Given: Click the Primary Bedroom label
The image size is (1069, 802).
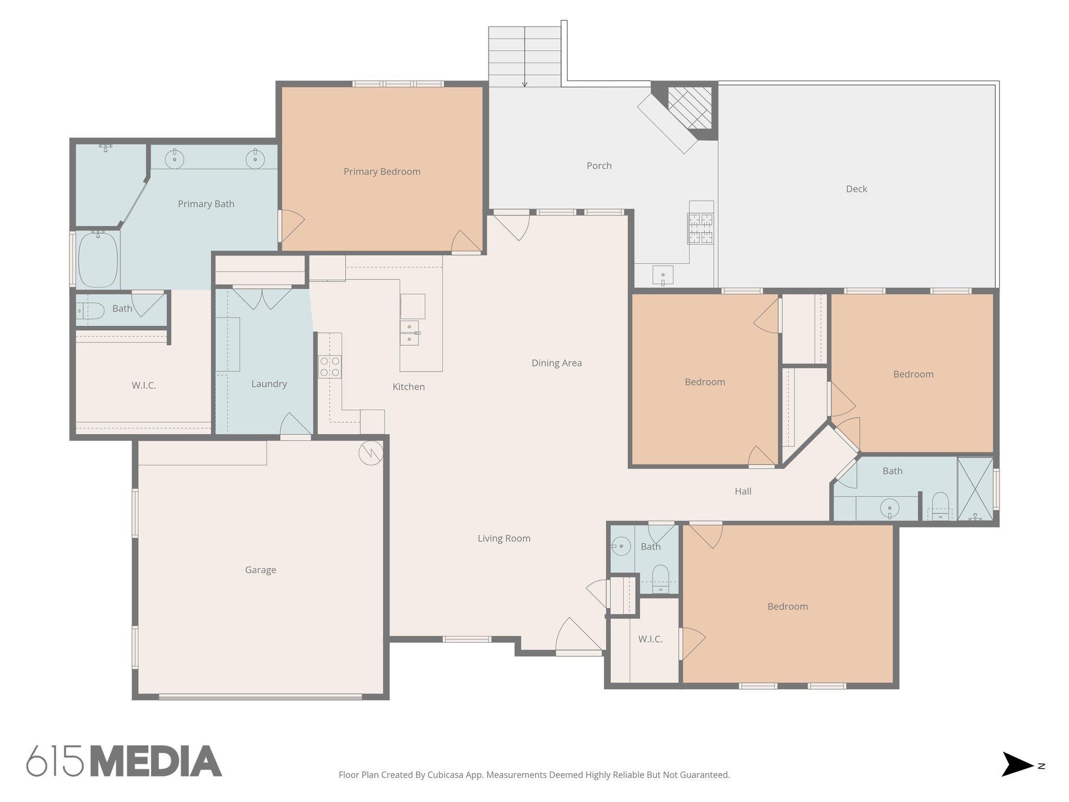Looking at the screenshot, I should pos(382,172).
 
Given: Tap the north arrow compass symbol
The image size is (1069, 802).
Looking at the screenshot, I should pos(1018,765).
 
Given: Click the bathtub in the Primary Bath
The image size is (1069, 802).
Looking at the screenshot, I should pos(98,260).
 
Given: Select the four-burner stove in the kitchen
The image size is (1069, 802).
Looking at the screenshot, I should pos(330,367).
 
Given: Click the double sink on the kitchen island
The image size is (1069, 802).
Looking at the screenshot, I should pos(409,333).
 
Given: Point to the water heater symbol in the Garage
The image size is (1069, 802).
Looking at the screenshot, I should pos(371,453).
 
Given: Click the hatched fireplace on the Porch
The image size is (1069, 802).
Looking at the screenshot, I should pos(690,108).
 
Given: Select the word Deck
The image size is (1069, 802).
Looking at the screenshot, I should pos(856,189).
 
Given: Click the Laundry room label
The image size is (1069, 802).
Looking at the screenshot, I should pos(269,384).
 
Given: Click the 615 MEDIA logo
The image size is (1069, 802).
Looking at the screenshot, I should pos(124,761).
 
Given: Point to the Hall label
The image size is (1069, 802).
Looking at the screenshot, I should pos(743,491).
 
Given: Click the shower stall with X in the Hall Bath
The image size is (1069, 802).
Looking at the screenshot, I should pos(975,489).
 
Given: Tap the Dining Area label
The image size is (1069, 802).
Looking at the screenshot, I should pos(556,363).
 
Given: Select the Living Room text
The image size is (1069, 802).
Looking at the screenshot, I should pos(504,538).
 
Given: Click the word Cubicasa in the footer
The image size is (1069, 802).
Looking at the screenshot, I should pos(447,775).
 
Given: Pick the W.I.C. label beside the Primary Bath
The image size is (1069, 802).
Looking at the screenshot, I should pos(144,386).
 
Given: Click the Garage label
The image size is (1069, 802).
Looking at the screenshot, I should pos(260,570).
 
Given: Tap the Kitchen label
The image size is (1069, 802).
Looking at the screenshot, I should pos(408,387).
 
